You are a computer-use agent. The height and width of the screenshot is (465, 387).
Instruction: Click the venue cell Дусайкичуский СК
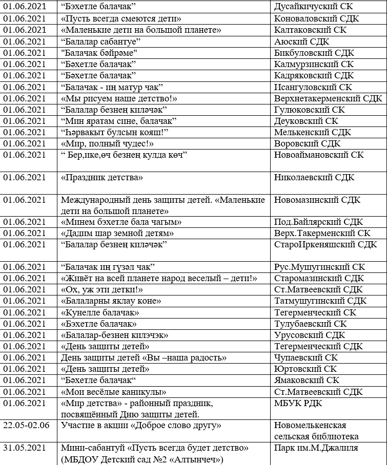coord(313,7)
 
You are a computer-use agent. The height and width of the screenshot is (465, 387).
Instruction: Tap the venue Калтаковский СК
coord(310,30)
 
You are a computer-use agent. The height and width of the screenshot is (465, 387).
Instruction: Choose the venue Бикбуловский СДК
coord(314,53)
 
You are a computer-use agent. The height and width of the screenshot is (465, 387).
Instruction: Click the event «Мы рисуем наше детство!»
coord(119,98)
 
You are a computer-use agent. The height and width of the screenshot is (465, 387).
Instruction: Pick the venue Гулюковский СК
coord(310,110)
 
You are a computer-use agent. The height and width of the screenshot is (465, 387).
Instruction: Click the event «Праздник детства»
coord(101,178)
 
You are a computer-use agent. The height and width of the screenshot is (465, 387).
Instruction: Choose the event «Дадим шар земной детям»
coord(117,233)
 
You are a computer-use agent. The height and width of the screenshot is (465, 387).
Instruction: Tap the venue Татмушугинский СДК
coord(320,301)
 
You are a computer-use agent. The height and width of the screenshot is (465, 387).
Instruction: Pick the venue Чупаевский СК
coord(306,357)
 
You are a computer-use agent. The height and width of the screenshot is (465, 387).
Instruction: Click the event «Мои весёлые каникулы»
coord(113,392)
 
